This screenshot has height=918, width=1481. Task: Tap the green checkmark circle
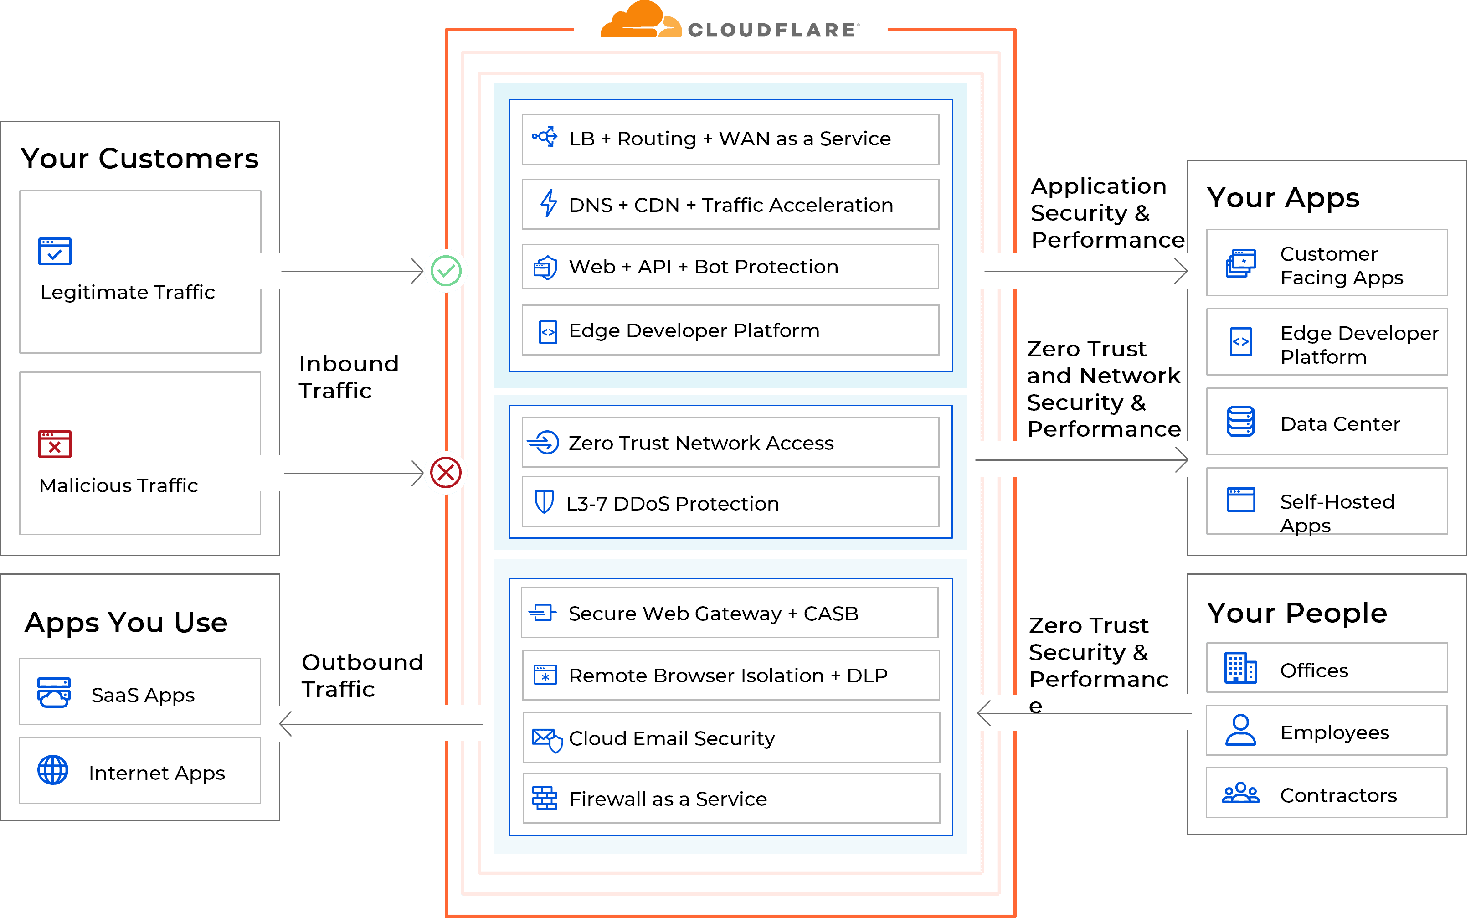click(x=446, y=271)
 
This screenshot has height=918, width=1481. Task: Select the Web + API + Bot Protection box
click(x=730, y=267)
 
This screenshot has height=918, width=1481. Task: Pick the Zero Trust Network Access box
click(x=730, y=443)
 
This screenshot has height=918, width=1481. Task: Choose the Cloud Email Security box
click(x=731, y=737)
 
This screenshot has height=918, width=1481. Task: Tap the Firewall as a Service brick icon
click(x=545, y=798)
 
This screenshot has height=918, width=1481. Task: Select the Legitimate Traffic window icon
click(x=55, y=251)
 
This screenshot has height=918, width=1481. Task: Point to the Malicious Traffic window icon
click(x=55, y=444)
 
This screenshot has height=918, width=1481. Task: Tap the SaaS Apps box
click(x=139, y=691)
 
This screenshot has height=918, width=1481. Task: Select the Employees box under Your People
click(x=1326, y=731)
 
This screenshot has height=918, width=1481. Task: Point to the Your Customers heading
click(x=139, y=159)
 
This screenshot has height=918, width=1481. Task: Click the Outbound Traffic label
click(x=362, y=675)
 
